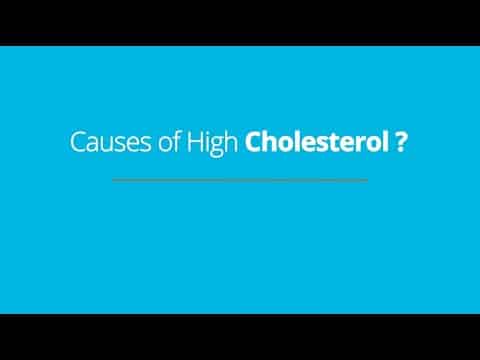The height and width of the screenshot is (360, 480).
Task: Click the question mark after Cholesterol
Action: [x=400, y=142]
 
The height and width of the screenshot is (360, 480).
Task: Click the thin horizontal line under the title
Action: [x=240, y=180]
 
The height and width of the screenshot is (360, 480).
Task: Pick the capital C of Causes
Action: [x=77, y=142]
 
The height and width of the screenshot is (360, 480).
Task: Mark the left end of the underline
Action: [x=113, y=180]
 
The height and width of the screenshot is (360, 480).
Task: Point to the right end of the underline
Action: [x=367, y=180]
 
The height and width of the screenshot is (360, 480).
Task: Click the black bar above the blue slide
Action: [x=240, y=22]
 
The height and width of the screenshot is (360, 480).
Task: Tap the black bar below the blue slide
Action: [x=240, y=337]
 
